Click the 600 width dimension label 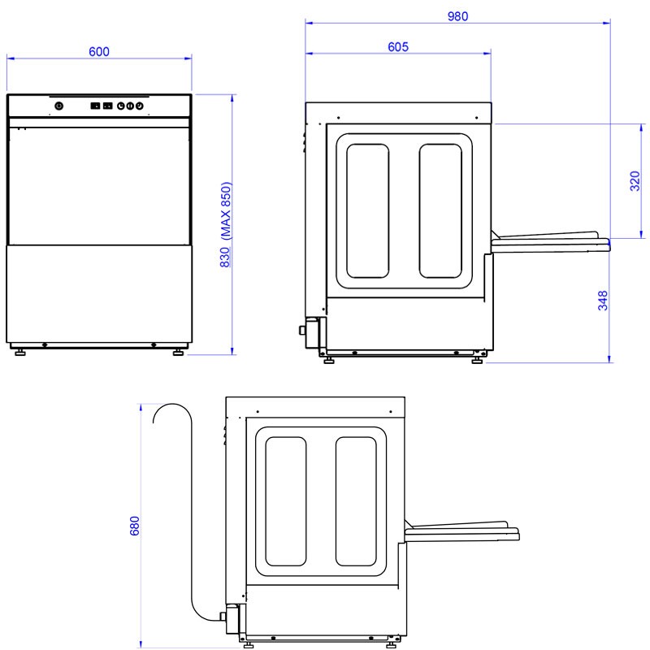[x=99, y=51]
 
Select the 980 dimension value [x=457, y=16]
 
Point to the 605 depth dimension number [x=398, y=47]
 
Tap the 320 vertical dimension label [x=635, y=180]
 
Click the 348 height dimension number [x=603, y=300]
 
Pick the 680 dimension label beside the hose [x=134, y=526]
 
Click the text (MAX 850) [x=226, y=210]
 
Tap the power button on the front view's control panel [x=59, y=106]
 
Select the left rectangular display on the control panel [x=95, y=106]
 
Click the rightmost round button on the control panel [x=140, y=106]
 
